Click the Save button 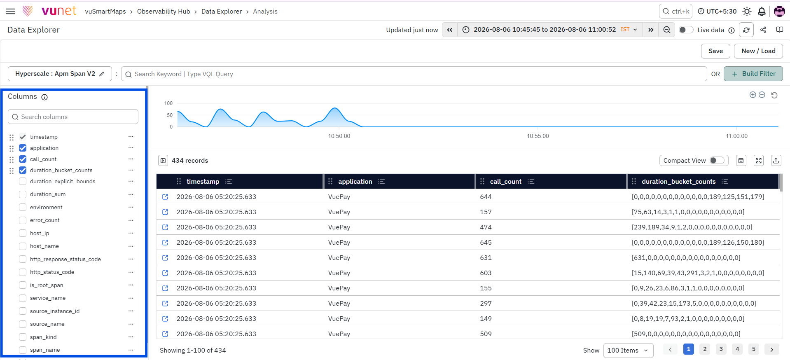pos(715,51)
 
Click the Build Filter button pos(753,74)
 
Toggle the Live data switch pos(686,30)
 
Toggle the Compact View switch pos(717,161)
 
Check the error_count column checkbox pos(23,220)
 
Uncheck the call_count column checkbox pos(23,159)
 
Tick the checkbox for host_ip pos(23,233)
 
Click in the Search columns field pos(73,117)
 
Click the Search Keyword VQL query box pos(414,74)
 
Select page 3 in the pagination pos(721,349)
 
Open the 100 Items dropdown pos(628,351)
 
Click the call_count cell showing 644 pos(486,197)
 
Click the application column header pos(355,182)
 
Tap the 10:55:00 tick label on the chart pos(538,136)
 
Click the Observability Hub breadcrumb pos(164,12)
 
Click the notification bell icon pos(762,12)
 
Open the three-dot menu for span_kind pos(131,337)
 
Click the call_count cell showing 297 pos(486,304)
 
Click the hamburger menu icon pos(11,11)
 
